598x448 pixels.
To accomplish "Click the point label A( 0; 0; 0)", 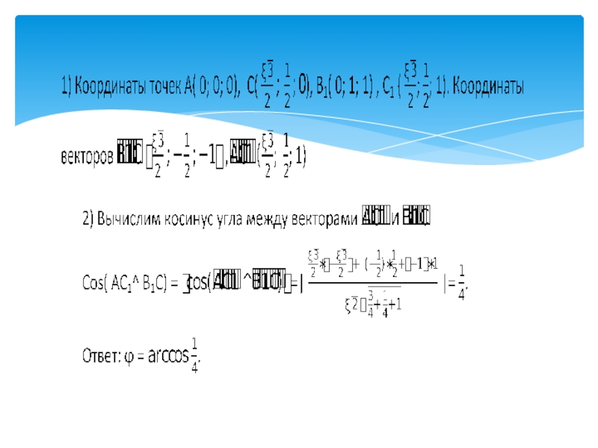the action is click(209, 87).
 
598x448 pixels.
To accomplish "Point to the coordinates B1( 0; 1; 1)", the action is click(347, 87).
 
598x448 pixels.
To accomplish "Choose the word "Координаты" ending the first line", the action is click(490, 87).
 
